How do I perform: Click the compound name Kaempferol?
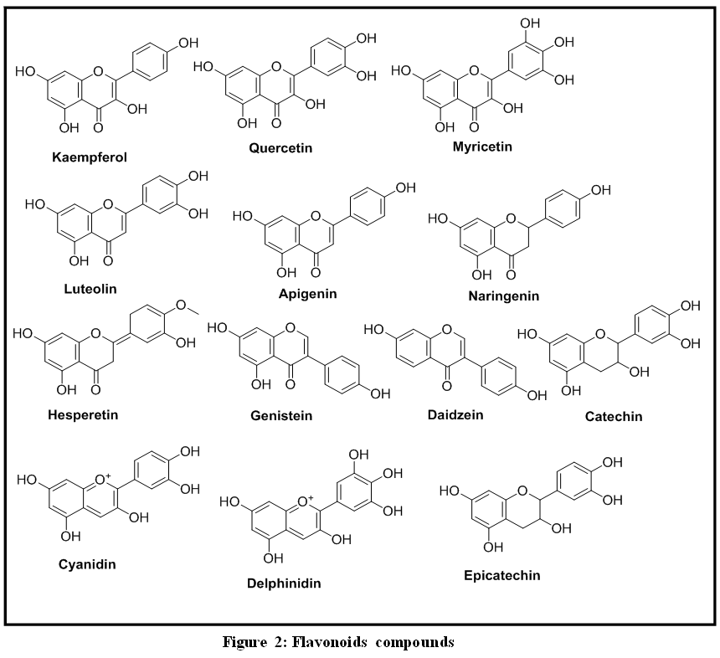89,157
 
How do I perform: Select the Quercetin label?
280,148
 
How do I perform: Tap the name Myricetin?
482,147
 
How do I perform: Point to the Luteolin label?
90,289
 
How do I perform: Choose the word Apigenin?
307,294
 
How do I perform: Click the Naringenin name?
504,296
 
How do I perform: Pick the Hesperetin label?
83,415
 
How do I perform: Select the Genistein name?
281,415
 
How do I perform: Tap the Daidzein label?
455,414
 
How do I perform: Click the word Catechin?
614,416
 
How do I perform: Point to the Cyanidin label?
87,564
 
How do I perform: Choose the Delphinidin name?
284,583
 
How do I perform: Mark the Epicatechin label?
501,575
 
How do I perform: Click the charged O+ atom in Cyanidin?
102,480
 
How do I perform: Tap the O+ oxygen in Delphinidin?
305,501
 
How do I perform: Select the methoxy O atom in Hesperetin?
182,305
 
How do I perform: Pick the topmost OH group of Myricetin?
530,23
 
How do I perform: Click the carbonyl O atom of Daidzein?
447,385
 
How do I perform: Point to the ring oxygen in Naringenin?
511,218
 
